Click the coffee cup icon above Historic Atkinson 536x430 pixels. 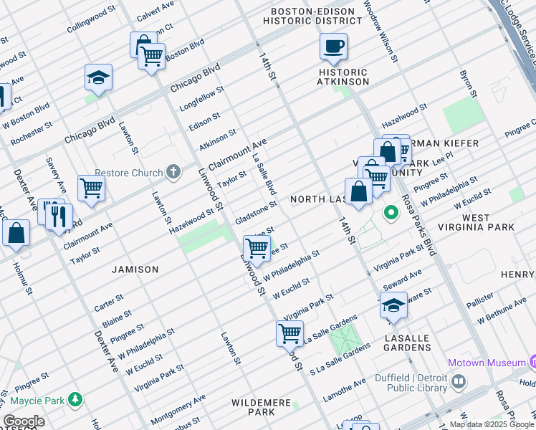(x=333, y=48)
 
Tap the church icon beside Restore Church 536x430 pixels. (x=173, y=171)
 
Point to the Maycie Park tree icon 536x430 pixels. (x=75, y=398)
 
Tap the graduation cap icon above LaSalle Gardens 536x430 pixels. (x=393, y=306)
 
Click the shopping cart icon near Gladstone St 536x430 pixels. (x=257, y=249)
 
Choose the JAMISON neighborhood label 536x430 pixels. (x=135, y=269)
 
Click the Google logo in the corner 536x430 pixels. (x=24, y=421)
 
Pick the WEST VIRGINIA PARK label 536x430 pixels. (x=487, y=222)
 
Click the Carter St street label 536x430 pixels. (x=109, y=302)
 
